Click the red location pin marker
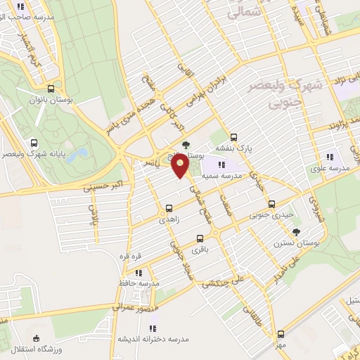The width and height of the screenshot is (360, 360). tap(181, 166)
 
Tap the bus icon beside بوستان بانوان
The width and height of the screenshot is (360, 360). tap(50, 89)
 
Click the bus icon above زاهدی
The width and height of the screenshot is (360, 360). tap(169, 208)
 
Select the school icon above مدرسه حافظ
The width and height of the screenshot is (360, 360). tap(139, 271)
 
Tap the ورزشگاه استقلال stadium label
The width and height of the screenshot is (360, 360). tap(36, 349)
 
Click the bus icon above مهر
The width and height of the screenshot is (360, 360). tap(281, 334)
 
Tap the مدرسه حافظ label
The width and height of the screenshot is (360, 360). tap(139, 283)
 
